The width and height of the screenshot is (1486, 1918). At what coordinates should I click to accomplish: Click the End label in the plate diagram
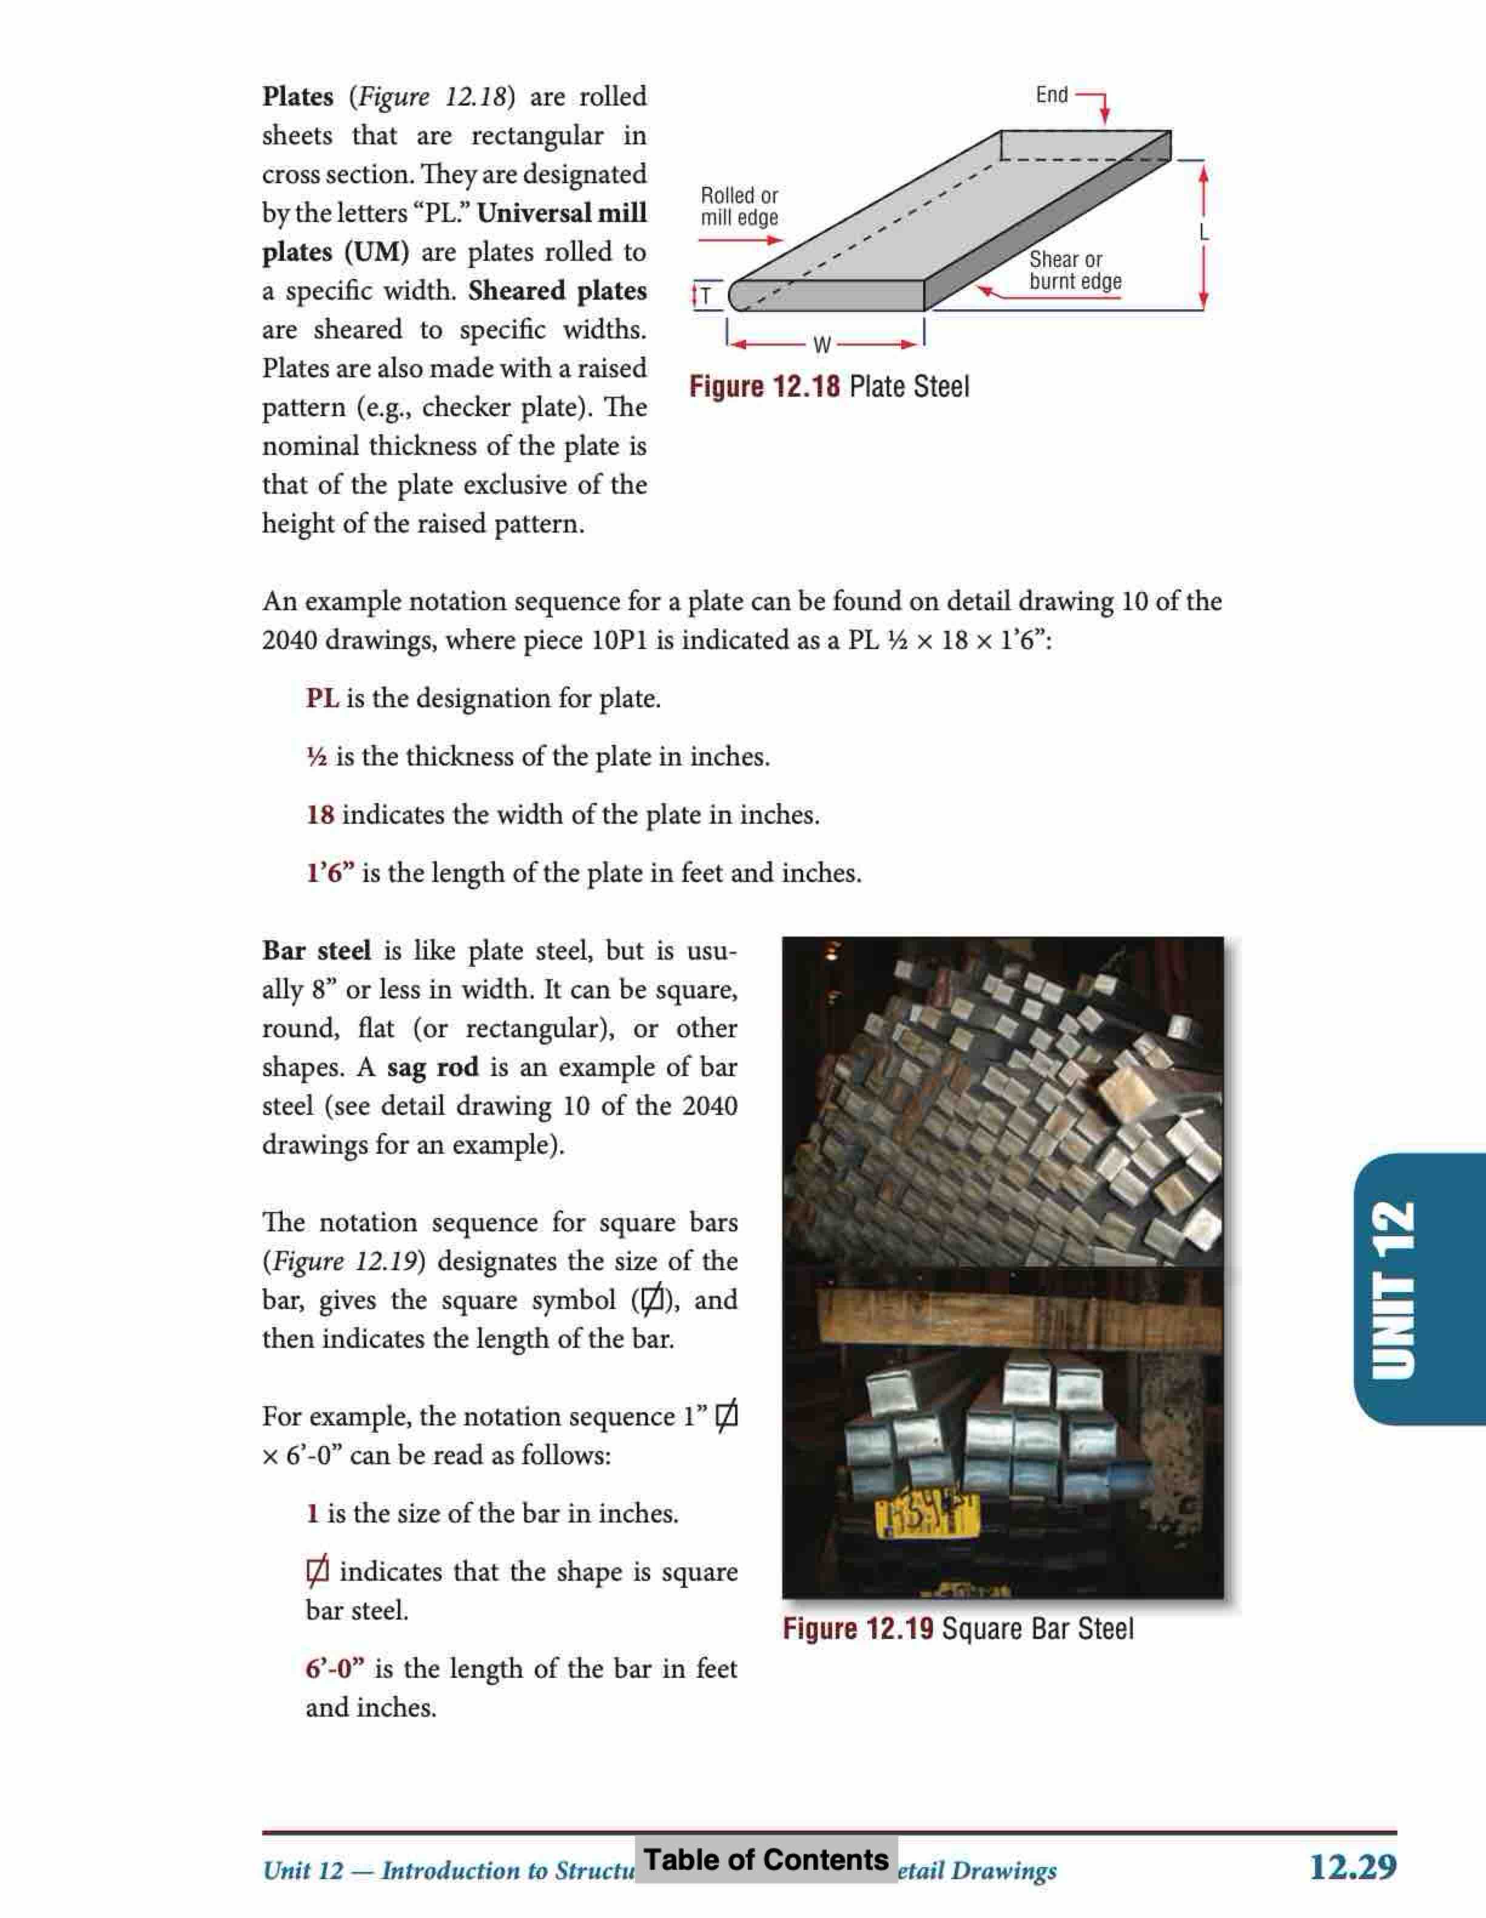tap(1051, 95)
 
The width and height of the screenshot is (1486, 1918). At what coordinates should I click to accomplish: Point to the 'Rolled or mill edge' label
tap(739, 206)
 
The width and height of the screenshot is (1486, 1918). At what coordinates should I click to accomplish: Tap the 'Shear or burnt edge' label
tap(1074, 271)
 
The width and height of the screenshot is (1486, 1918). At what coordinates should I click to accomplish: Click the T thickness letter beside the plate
tap(706, 296)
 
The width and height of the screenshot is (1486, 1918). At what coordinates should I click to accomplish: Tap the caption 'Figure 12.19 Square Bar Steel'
tap(957, 1629)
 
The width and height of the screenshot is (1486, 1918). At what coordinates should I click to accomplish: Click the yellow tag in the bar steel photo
tap(927, 1518)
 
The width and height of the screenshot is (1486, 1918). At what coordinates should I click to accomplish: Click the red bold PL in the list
tap(322, 699)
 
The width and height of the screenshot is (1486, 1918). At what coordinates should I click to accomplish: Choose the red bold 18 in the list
tap(320, 815)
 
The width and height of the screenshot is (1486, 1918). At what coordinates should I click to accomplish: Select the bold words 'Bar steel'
tap(316, 951)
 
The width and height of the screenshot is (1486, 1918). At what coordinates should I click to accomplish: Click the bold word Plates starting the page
tap(298, 96)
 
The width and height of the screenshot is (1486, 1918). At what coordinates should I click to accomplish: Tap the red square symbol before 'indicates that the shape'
tap(317, 1570)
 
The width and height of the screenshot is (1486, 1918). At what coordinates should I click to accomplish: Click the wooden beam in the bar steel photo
tap(1001, 1317)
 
